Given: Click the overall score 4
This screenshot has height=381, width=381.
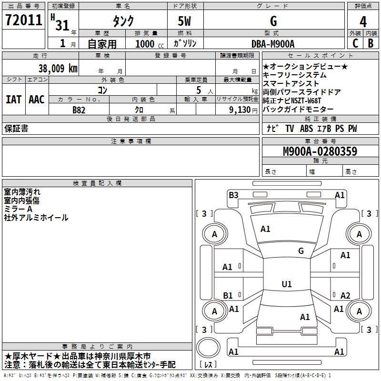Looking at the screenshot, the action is click(363, 21).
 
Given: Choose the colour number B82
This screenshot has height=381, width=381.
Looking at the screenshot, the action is click(80, 110).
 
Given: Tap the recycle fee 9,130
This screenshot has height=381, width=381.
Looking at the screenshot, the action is click(237, 110).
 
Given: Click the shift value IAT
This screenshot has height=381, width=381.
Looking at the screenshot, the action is click(13, 100).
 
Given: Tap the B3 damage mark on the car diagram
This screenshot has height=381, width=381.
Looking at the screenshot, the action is click(233, 195).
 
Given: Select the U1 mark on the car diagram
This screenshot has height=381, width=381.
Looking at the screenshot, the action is click(286, 284).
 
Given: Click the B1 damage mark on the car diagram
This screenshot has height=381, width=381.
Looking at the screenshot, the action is click(228, 295).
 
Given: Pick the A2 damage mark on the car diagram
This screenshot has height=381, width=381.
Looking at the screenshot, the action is click(345, 295).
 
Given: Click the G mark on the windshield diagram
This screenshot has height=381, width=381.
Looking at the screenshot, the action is click(301, 251).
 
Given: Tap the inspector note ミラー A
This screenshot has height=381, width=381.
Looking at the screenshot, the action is click(18, 209).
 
